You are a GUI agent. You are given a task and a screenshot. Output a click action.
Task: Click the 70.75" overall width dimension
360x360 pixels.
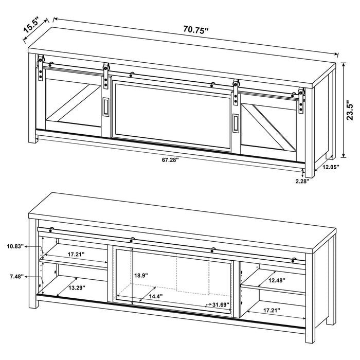[196, 29]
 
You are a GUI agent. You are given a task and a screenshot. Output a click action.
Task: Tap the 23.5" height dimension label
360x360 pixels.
[350, 110]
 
